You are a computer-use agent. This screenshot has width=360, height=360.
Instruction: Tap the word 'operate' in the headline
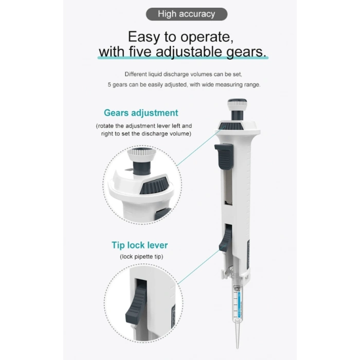[x=203, y=38]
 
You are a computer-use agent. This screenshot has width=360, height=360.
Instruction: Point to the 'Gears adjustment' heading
[x=141, y=113]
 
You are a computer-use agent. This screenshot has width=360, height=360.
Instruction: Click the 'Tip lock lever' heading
[x=139, y=245]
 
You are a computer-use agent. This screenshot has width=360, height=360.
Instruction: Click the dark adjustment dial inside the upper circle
[x=155, y=185]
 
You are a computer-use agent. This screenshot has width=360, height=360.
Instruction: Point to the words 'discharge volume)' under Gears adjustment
[x=166, y=134]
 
